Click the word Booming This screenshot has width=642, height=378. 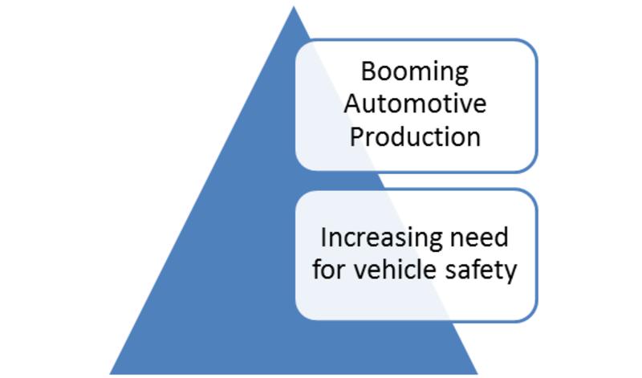pos(415,73)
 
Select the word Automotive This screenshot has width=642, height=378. pos(415,104)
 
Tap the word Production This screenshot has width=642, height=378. pos(415,136)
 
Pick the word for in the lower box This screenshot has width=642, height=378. pos(328,270)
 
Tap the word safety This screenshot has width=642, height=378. pos(481,271)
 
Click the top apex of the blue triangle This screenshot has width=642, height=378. pos(294,6)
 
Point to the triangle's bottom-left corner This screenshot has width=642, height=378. pos(110,373)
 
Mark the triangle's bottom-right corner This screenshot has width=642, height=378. pos(477,373)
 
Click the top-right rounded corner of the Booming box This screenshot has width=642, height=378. pos(530,46)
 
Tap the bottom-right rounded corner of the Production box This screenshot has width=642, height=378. pos(530,165)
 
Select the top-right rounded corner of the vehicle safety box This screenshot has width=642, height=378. pos(530,195)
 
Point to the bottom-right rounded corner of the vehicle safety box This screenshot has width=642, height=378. pos(530,315)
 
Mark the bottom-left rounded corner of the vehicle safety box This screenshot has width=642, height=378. pos(303,314)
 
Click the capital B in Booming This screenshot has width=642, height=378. pos(368,71)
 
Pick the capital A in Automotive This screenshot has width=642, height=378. pos(352,104)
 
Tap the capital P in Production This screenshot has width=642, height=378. pos(356,136)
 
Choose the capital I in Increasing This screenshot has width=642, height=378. pos(323,237)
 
